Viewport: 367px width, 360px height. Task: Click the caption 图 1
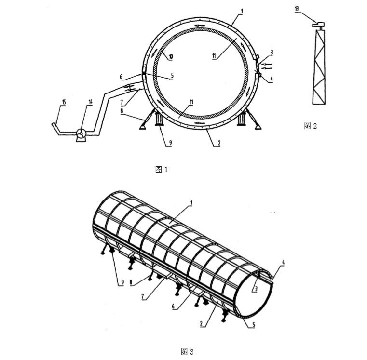[x=161, y=169]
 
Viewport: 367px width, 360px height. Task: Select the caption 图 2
[x=311, y=126]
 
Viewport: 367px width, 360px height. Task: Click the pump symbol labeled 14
[x=81, y=134]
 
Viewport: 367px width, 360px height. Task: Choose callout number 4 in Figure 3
[x=284, y=263]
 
